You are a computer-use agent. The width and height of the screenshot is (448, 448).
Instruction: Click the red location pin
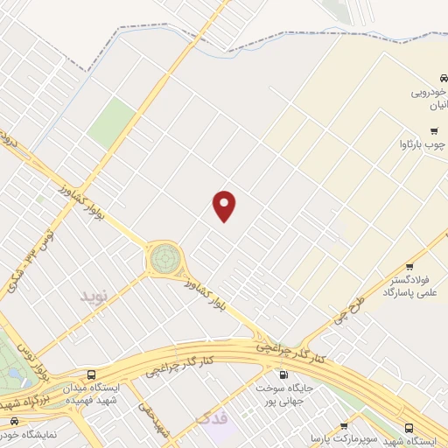225,206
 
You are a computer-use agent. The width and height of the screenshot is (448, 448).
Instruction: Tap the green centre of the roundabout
164,258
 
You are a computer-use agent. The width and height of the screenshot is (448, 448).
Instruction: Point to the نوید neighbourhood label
97,296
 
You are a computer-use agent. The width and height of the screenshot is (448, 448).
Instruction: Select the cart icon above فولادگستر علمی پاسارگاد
409,267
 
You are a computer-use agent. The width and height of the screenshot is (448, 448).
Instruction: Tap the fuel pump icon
282,374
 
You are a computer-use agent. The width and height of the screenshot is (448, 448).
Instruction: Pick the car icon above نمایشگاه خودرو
13,421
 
